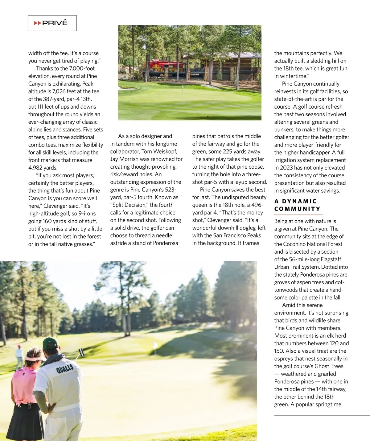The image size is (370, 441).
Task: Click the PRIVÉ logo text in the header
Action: [x=55, y=23]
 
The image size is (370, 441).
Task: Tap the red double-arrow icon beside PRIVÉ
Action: [x=38, y=23]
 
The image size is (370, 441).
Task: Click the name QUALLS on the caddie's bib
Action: [x=65, y=368]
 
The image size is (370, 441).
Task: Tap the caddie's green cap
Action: [x=51, y=343]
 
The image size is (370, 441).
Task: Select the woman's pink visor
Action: [x=35, y=358]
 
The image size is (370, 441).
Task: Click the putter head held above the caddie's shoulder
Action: [x=82, y=351]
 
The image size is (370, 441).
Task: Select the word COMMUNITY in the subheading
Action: [x=297, y=209]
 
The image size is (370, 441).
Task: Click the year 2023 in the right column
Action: [x=287, y=168]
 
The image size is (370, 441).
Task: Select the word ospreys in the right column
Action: [x=284, y=359]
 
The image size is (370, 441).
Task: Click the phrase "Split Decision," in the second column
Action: [x=129, y=205]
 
